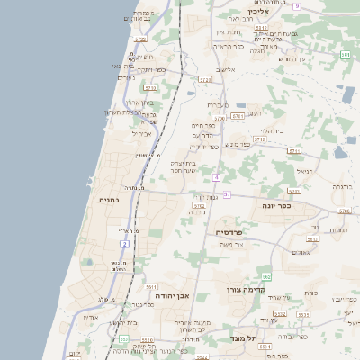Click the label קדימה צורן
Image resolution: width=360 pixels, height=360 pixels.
245,292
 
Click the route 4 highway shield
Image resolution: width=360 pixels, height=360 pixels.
217,177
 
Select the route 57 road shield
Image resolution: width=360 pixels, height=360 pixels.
227,194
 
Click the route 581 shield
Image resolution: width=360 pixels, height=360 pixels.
346,55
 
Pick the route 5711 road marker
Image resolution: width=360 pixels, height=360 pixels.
237,116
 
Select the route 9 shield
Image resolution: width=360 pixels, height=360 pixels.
296,5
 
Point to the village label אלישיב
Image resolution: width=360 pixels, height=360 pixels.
226,69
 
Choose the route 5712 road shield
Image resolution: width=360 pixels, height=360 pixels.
259,139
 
